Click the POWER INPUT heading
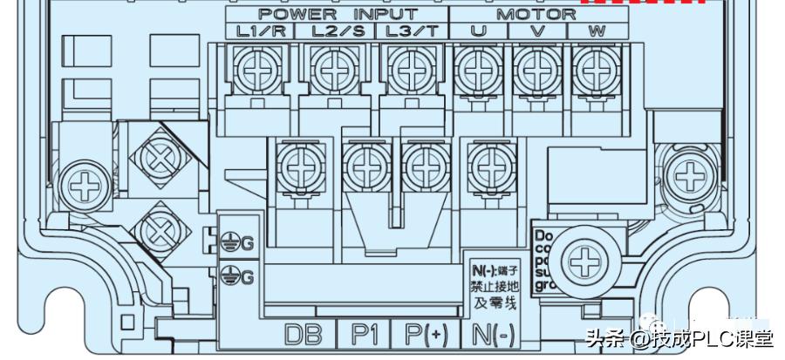pos(337,14)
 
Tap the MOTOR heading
pos(536,14)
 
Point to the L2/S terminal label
pos(336,31)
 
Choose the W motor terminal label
pos(597,31)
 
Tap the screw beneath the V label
pos(536,67)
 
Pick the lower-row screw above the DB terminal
pos(300,165)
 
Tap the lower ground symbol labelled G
pos(238,277)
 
